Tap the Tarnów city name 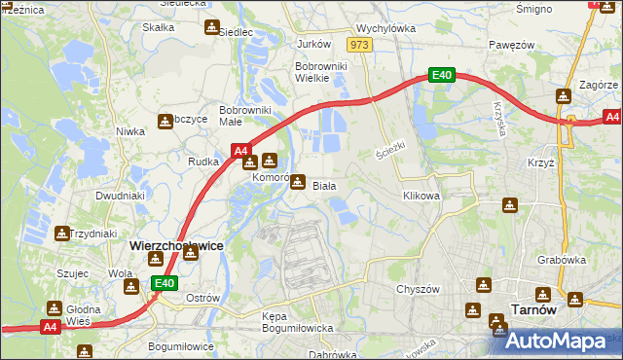533,309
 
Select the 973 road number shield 360,45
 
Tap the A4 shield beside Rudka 241,151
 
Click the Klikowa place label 421,196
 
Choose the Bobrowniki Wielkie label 321,73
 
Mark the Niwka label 130,130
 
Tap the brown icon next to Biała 298,181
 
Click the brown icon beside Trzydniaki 62,234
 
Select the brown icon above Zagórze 563,96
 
